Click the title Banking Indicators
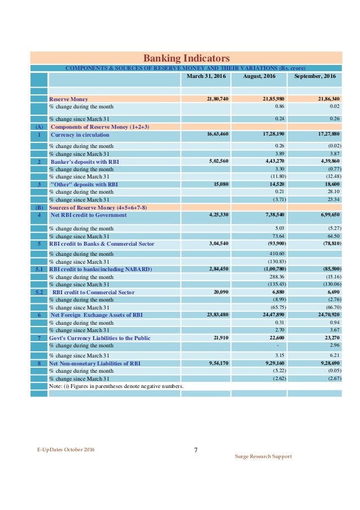coord(186,58)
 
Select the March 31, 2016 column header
coord(206,76)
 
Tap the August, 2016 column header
coord(258,76)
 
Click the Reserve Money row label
coord(68,99)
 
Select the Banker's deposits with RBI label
coord(85,162)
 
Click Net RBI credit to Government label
coord(89,215)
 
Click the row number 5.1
coord(39,269)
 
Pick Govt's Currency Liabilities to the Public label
coord(100,338)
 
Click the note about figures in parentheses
coord(116,386)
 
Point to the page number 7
coord(195,450)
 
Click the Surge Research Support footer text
coord(263,456)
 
